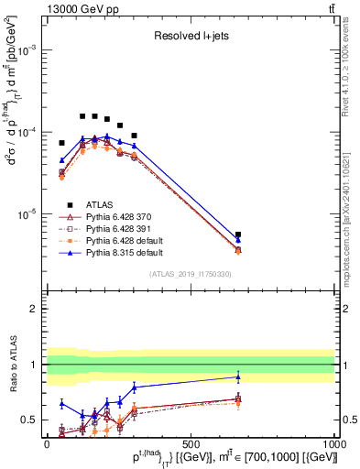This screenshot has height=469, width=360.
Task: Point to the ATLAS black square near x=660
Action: pyautogui.click(x=238, y=234)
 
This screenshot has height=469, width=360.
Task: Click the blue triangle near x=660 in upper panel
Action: pyautogui.click(x=238, y=240)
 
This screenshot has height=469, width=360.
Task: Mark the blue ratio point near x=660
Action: pyautogui.click(x=238, y=376)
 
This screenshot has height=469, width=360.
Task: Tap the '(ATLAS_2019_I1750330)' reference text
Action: pyautogui.click(x=191, y=274)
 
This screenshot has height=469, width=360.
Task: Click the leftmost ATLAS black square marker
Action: pyautogui.click(x=62, y=143)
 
